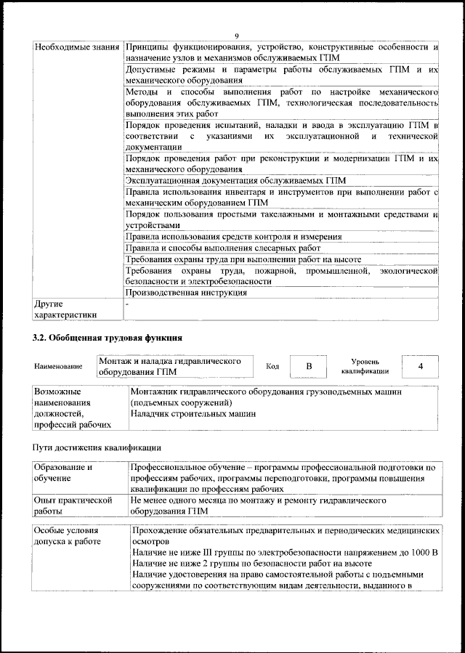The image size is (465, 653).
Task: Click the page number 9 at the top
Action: [236, 36]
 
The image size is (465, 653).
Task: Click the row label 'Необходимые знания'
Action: [76, 47]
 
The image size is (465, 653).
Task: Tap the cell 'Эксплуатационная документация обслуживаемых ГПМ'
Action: [235, 180]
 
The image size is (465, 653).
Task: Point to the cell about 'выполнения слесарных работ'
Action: [222, 248]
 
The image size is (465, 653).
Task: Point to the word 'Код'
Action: [272, 367]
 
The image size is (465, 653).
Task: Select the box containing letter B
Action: [308, 367]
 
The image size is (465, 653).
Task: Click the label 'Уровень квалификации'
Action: [365, 366]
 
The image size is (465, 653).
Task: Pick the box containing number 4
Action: [420, 366]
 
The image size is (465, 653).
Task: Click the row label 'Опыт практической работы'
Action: [72, 506]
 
